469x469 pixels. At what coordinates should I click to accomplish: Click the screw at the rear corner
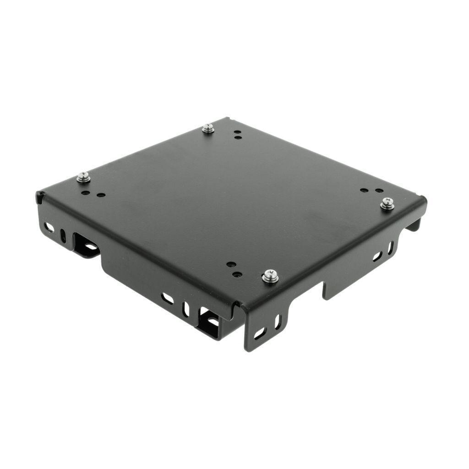(208, 129)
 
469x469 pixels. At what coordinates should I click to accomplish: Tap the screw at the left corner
(83, 177)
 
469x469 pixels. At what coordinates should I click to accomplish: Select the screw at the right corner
(387, 203)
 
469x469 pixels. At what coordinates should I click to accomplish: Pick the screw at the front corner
(270, 276)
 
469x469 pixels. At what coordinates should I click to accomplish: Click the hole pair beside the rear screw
(237, 134)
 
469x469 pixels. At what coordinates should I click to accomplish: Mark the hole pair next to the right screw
(371, 190)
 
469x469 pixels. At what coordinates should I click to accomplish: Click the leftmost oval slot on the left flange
(49, 227)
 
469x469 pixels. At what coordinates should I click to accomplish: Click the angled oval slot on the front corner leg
(260, 333)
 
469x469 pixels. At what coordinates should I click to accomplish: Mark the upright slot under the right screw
(390, 248)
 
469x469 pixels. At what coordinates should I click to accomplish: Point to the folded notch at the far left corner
(40, 197)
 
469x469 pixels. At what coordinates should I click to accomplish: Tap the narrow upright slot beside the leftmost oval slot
(63, 235)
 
